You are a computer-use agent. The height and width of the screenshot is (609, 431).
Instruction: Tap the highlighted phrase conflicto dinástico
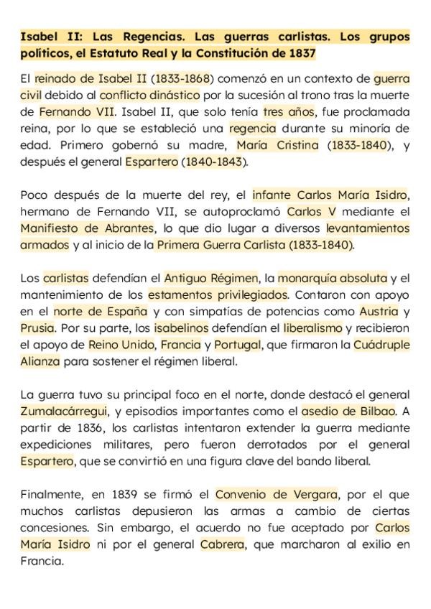(141, 96)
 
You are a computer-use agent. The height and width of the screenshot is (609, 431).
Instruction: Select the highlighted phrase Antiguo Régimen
(211, 278)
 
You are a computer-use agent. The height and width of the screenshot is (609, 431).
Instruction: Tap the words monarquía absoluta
(332, 278)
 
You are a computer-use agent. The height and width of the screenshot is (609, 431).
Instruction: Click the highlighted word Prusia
(37, 328)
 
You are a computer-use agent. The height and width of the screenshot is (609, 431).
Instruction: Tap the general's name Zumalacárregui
(65, 411)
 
